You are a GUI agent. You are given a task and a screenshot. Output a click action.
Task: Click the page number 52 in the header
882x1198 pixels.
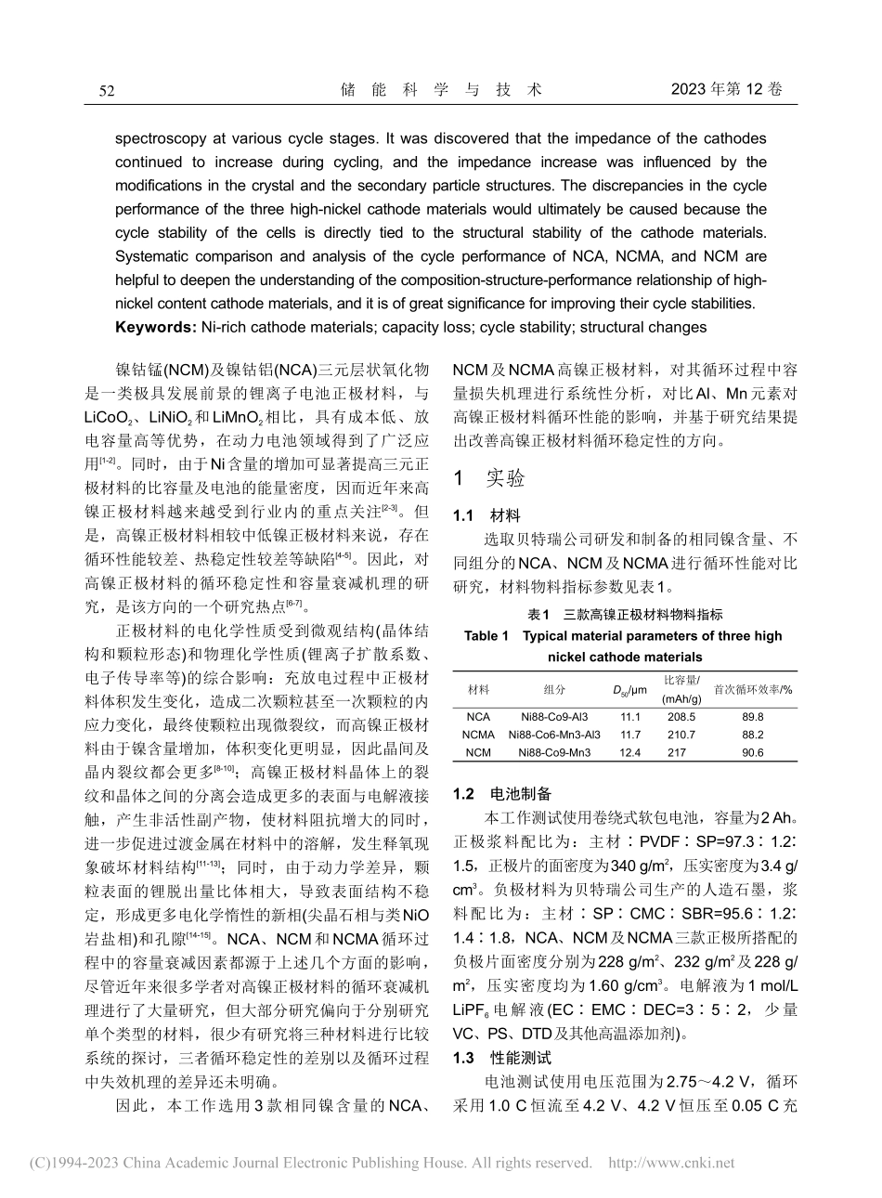pos(107,90)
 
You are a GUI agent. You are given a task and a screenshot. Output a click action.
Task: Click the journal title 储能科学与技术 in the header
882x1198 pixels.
pos(441,90)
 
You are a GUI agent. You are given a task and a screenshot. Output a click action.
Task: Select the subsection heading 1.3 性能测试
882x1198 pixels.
pos(501,1058)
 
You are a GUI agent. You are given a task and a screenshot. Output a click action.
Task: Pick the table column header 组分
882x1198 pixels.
pos(554,689)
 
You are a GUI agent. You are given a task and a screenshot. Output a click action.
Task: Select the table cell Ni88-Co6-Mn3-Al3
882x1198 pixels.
pos(554,735)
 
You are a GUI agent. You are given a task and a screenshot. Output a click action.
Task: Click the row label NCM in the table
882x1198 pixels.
pos(478,752)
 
